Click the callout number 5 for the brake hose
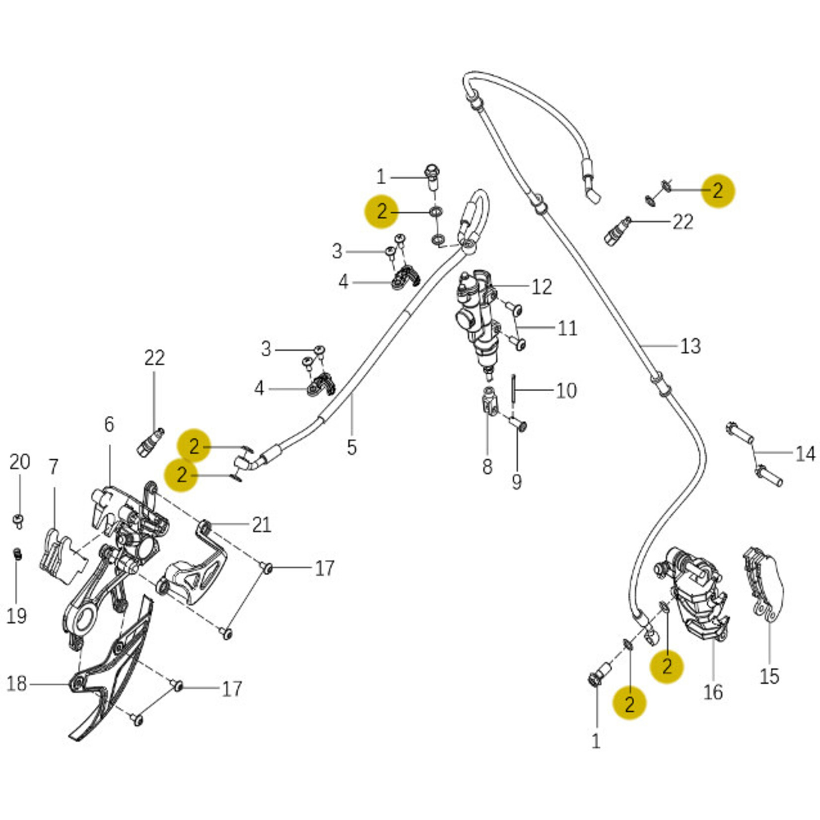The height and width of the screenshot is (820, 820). click(x=351, y=447)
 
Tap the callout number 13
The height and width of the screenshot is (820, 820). click(x=690, y=346)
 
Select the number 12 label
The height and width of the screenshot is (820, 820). click(x=542, y=287)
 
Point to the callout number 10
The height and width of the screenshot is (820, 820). click(x=566, y=391)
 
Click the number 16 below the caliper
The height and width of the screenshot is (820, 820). click(x=713, y=691)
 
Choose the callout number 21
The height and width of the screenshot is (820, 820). click(x=261, y=525)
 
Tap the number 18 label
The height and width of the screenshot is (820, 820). click(x=16, y=683)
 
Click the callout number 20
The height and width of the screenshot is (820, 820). click(x=19, y=462)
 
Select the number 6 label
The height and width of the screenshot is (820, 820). click(x=109, y=424)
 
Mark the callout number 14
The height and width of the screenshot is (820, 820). click(x=805, y=454)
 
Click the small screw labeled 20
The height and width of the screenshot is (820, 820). click(x=19, y=521)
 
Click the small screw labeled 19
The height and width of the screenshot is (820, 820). click(x=17, y=553)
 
